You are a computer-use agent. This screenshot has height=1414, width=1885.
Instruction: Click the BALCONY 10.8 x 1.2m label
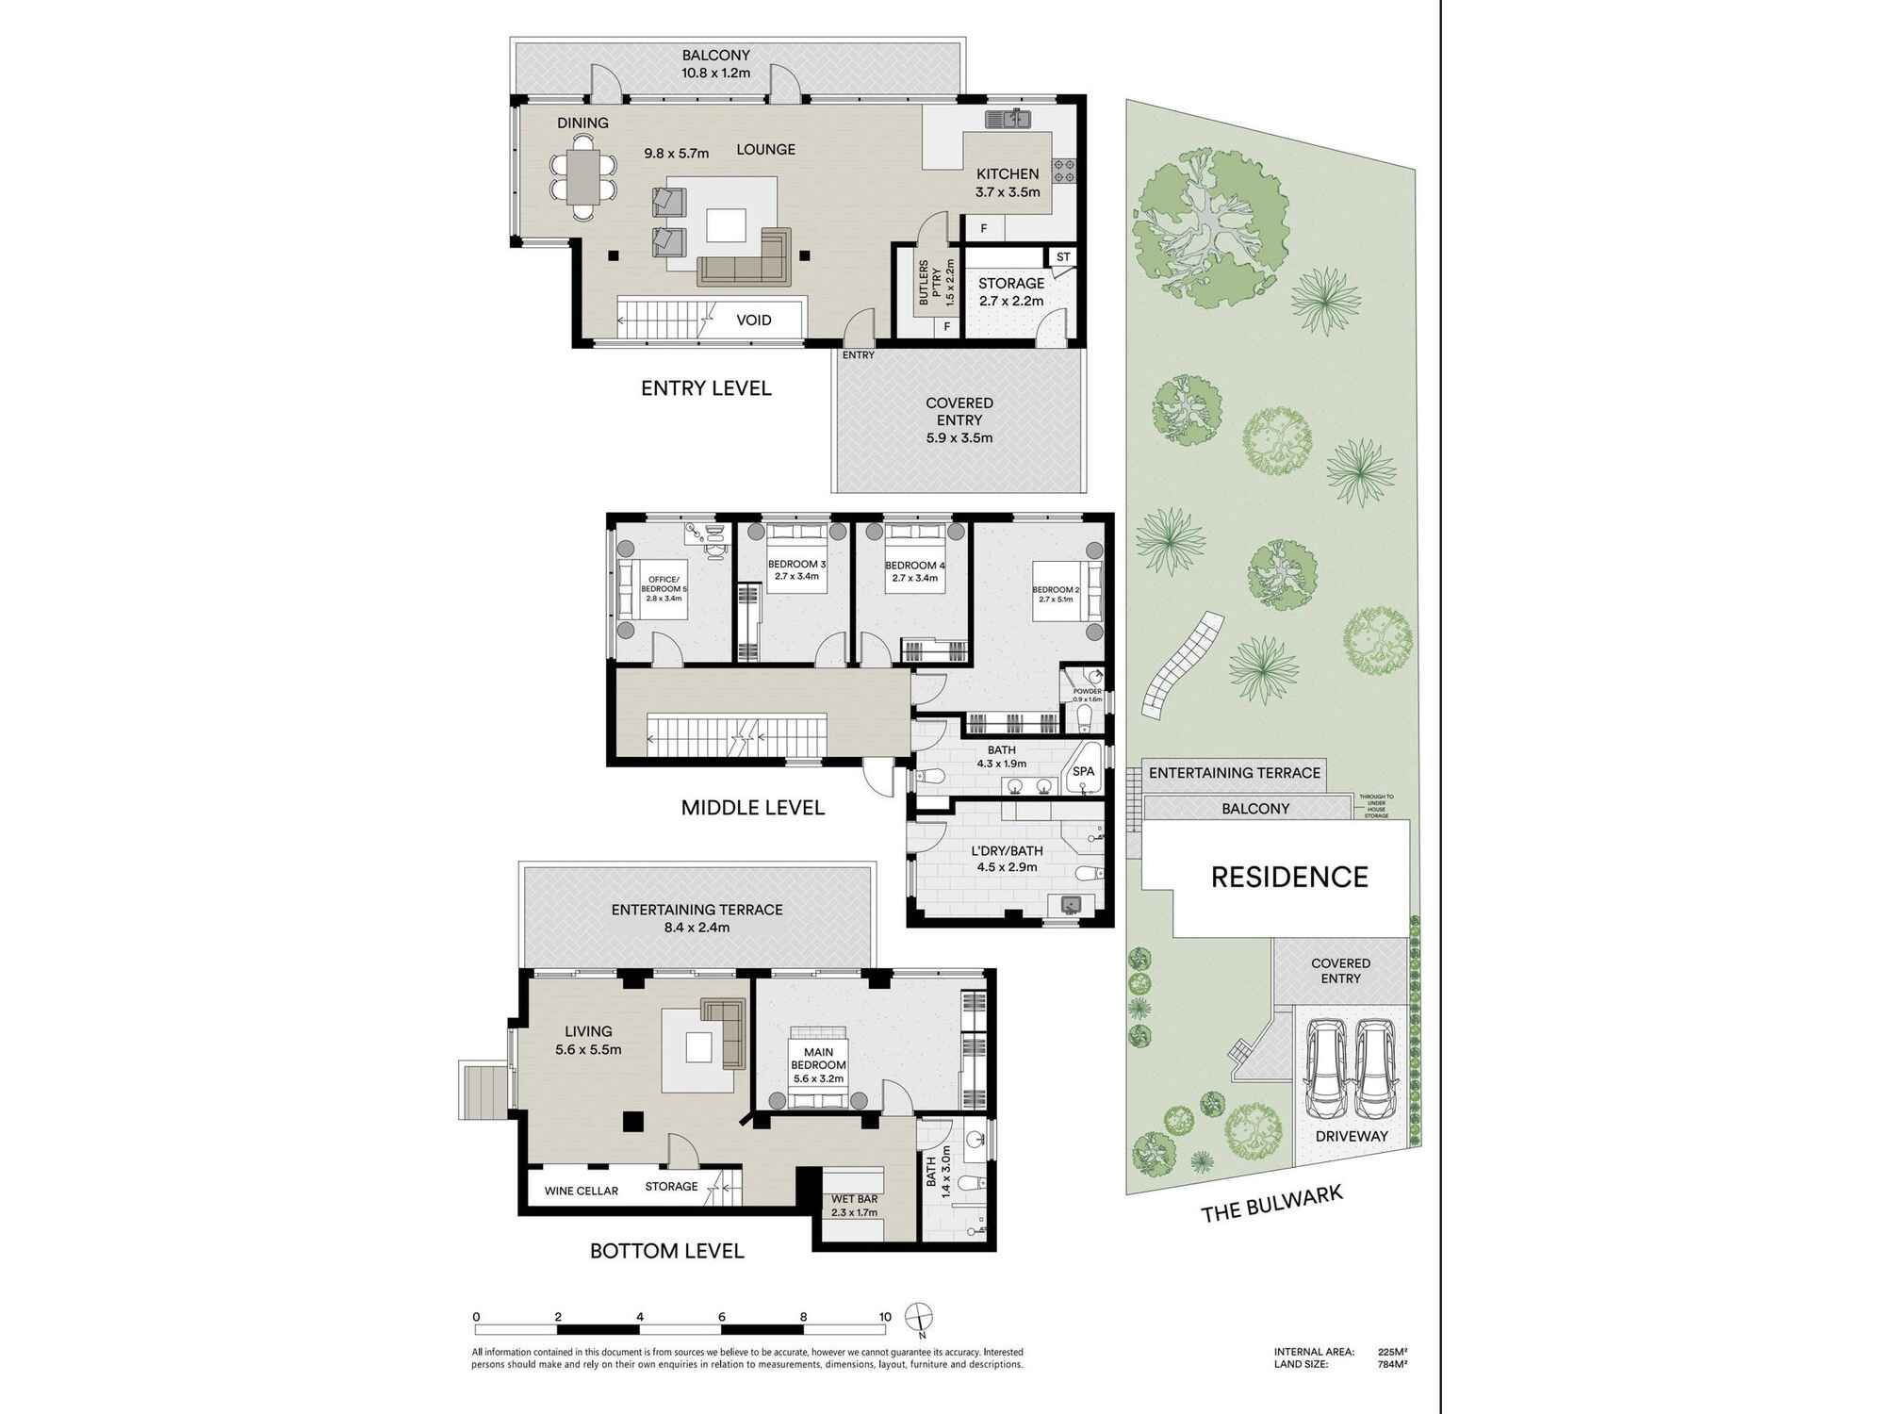[x=716, y=64]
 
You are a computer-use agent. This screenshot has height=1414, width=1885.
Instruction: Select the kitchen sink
[x=1008, y=119]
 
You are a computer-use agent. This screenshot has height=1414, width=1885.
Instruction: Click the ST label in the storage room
[x=1063, y=257]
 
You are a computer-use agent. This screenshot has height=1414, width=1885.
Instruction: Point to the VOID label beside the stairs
[x=753, y=321]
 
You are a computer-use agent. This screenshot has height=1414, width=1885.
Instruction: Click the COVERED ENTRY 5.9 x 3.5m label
[x=959, y=419]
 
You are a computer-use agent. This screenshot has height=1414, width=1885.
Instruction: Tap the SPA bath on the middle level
[x=1084, y=770]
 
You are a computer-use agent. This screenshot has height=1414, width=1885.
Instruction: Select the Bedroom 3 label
[x=796, y=570]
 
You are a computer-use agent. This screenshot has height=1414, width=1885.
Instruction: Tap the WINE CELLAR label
[x=582, y=1191]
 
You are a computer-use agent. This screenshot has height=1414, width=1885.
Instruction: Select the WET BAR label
[x=854, y=1205]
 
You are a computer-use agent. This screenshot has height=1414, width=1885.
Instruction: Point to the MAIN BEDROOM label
[x=818, y=1065]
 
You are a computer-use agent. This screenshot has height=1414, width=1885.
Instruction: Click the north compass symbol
[x=918, y=1317]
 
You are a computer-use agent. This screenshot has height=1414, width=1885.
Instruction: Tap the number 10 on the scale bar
[x=884, y=1317]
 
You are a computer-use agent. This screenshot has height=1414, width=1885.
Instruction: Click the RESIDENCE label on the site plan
[x=1288, y=878]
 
